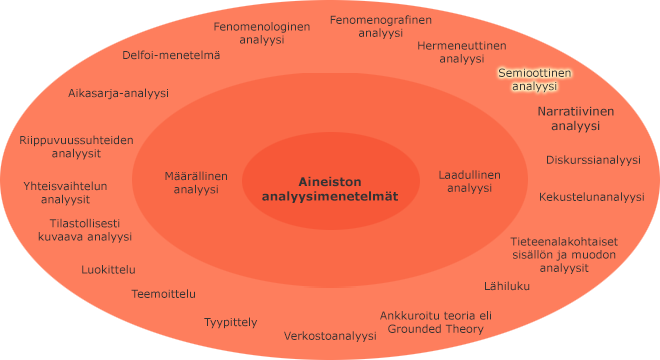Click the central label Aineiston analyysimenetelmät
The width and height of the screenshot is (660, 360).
click(329, 189)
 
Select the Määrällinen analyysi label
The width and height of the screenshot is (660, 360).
click(196, 182)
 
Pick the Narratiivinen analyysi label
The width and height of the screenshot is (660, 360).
click(575, 118)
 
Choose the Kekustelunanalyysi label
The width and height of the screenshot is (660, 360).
click(592, 197)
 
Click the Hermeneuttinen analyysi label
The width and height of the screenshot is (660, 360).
click(461, 52)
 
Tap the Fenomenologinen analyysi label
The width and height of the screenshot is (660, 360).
click(263, 33)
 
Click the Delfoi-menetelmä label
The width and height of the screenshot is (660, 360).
click(171, 56)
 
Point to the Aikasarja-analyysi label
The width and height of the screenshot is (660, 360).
click(118, 93)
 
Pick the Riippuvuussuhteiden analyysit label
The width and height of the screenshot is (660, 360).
click(76, 147)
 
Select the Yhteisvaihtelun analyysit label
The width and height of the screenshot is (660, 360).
click(65, 192)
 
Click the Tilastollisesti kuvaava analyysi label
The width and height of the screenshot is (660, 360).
click(79, 230)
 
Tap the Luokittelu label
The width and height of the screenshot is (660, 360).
click(109, 269)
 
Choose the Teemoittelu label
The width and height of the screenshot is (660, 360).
click(164, 294)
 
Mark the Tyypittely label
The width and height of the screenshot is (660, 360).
click(231, 322)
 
